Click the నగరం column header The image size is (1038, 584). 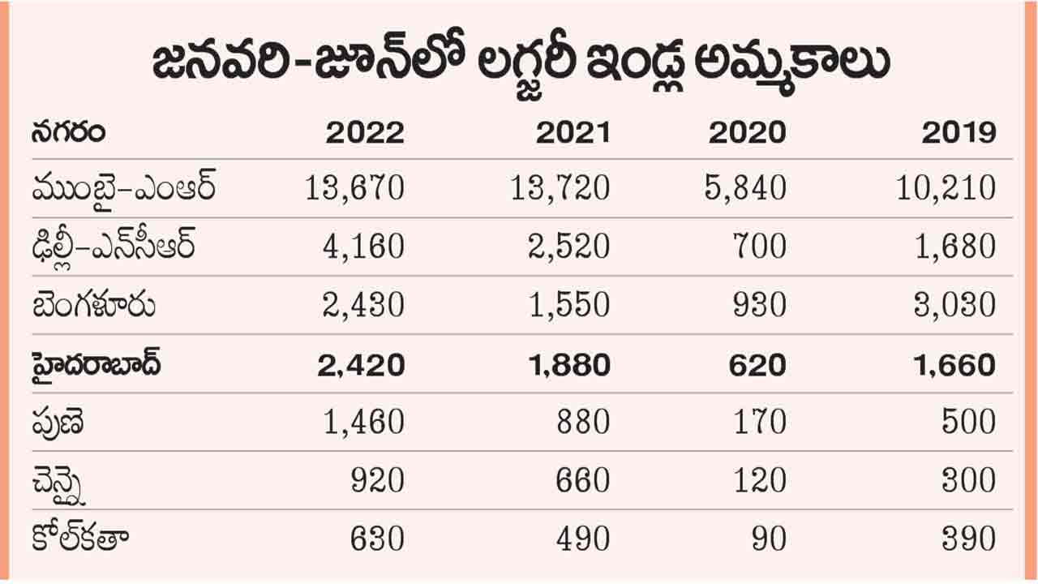[x=69, y=131]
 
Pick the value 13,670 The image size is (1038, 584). [x=355, y=189]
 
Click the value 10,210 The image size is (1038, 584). [x=946, y=189]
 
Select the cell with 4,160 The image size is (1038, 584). [x=362, y=247]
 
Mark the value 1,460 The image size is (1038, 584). [x=362, y=423]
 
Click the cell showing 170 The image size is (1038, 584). [x=757, y=423]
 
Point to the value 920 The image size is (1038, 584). [x=377, y=481]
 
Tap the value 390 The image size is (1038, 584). [x=968, y=539]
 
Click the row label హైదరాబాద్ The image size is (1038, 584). [x=97, y=364]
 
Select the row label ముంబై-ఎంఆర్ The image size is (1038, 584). [x=124, y=189]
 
